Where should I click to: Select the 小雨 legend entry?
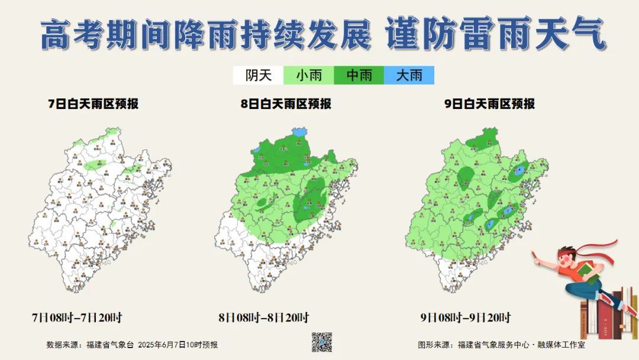(x=309, y=75)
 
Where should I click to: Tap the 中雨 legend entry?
(x=359, y=75)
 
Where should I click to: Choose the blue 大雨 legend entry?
(x=409, y=75)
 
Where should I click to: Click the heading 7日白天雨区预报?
(x=93, y=104)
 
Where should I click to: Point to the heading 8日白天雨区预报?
(x=286, y=104)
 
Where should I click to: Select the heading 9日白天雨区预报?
(x=489, y=104)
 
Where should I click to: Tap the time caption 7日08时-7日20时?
(x=77, y=318)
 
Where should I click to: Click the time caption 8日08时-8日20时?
(x=264, y=318)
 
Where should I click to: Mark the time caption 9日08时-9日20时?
(x=466, y=318)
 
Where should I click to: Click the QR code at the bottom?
(x=322, y=342)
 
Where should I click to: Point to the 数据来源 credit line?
(x=132, y=345)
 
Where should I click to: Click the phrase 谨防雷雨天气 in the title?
(x=495, y=34)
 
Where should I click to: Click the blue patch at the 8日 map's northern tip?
(x=301, y=131)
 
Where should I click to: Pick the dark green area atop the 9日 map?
(x=482, y=140)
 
